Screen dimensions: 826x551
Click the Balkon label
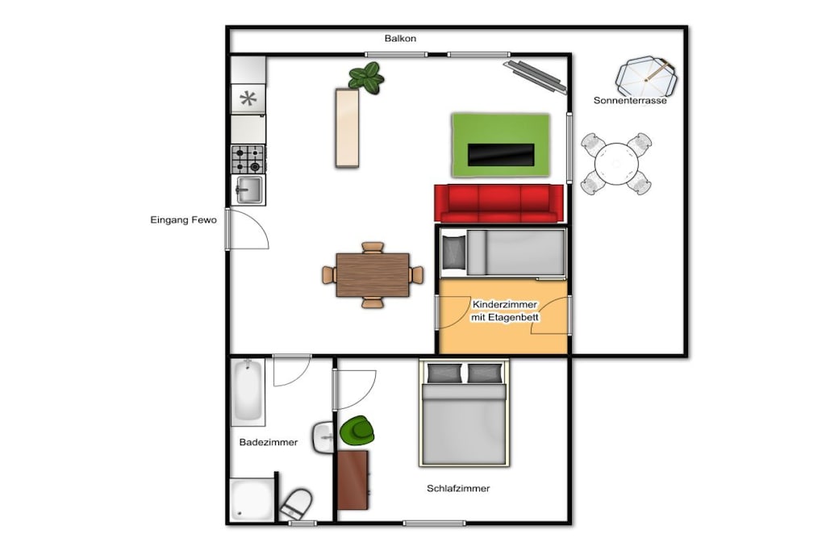pos(400,39)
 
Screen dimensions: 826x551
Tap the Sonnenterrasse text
pos(630,101)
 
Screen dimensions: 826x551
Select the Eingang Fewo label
pos(183,220)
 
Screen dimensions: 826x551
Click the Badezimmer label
pos(269,442)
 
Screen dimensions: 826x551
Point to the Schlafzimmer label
pos(458,489)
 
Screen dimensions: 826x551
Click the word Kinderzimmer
pos(505,304)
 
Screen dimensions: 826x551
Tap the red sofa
pos(499,203)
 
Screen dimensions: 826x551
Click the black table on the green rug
pos(501,154)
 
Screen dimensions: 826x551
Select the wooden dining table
pos(373,275)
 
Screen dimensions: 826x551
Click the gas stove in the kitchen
pos(248,160)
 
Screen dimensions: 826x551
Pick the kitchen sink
pos(248,190)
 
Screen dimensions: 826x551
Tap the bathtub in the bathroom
pos(248,392)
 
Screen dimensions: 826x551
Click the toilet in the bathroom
pos(296,504)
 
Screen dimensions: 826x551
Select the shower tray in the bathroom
pos(252,500)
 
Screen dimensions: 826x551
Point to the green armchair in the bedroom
pos(357,430)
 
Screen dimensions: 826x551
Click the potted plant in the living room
pos(367,78)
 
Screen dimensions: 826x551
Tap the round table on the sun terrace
pos(616,164)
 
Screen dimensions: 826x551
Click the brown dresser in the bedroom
pos(353,480)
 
